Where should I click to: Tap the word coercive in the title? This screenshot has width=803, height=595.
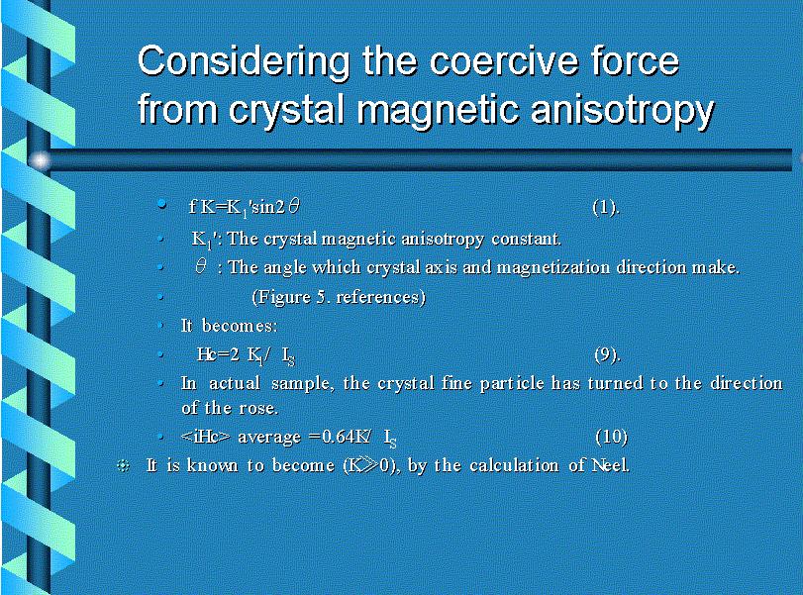502,61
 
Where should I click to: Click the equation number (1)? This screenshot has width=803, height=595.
606,207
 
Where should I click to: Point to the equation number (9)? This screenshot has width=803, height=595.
607,354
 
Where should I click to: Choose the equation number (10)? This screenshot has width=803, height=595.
612,437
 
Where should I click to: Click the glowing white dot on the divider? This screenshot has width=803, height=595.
40,160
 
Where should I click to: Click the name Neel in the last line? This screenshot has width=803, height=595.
610,465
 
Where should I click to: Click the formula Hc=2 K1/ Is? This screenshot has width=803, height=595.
246,355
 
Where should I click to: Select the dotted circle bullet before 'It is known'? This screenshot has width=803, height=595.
123,465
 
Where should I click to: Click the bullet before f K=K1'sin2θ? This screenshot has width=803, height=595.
161,205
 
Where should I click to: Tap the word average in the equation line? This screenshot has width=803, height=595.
269,438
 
